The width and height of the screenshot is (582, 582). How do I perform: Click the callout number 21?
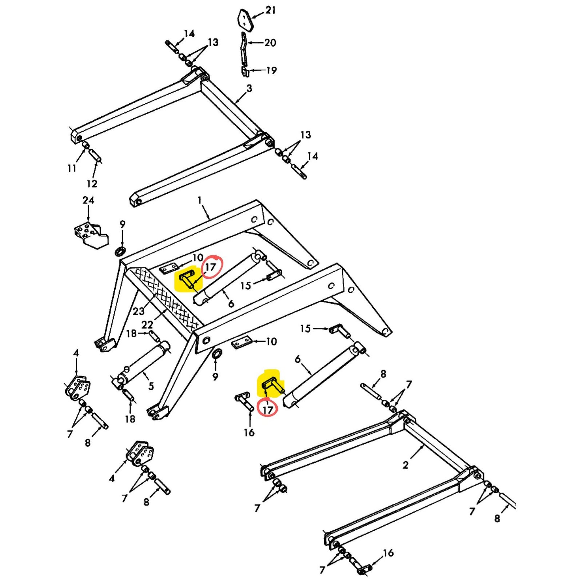(x=270, y=10)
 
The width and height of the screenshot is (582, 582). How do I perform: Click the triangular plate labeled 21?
(x=245, y=20)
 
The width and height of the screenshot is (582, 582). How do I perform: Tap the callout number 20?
(x=270, y=43)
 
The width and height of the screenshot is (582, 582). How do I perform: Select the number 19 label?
(x=271, y=70)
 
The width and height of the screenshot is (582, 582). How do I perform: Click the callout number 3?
(x=249, y=88)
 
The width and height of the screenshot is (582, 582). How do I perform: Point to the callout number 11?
(x=72, y=168)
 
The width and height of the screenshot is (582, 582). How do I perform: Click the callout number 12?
(x=92, y=183)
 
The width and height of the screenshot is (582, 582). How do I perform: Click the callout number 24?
(x=88, y=200)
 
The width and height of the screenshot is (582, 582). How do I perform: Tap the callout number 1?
(x=200, y=200)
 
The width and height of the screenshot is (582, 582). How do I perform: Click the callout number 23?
(x=139, y=311)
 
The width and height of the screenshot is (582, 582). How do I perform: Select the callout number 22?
(x=147, y=324)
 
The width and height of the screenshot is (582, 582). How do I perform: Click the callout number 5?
(x=151, y=386)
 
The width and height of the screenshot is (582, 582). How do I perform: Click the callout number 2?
(x=406, y=465)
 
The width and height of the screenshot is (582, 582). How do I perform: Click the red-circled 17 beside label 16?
(x=268, y=410)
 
